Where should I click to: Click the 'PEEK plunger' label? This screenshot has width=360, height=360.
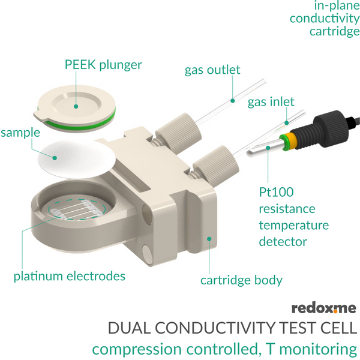[x=103, y=65]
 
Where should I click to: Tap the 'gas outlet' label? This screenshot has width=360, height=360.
[x=212, y=70]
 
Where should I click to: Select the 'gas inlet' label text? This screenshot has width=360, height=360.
[x=271, y=102]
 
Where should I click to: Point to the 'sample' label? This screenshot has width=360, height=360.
[x=20, y=133]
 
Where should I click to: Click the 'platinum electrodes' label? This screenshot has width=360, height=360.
[x=70, y=276]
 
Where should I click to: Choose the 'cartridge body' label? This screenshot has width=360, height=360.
[x=241, y=280]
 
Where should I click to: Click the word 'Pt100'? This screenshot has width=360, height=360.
[x=276, y=192]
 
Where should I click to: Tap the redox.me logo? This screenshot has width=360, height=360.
[x=324, y=308]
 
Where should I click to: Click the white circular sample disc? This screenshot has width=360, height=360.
[x=76, y=160]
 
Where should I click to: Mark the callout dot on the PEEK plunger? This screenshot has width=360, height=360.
[x=76, y=106]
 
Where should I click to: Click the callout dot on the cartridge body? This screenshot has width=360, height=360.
[x=209, y=239]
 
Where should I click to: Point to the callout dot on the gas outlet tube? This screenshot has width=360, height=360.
[x=233, y=101]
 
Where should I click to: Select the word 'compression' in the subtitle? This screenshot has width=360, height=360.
[x=137, y=349]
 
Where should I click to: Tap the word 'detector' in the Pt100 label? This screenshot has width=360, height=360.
[x=283, y=242]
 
